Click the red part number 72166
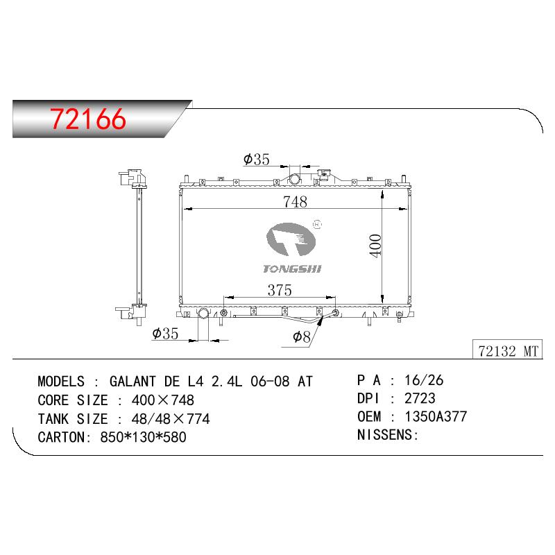(88, 119)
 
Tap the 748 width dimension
(295, 202)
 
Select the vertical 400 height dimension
(375, 246)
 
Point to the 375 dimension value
(280, 290)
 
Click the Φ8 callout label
(302, 336)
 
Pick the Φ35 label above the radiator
(256, 160)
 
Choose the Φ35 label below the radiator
(165, 334)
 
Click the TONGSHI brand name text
(292, 269)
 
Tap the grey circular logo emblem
(291, 239)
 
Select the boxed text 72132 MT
(508, 351)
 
